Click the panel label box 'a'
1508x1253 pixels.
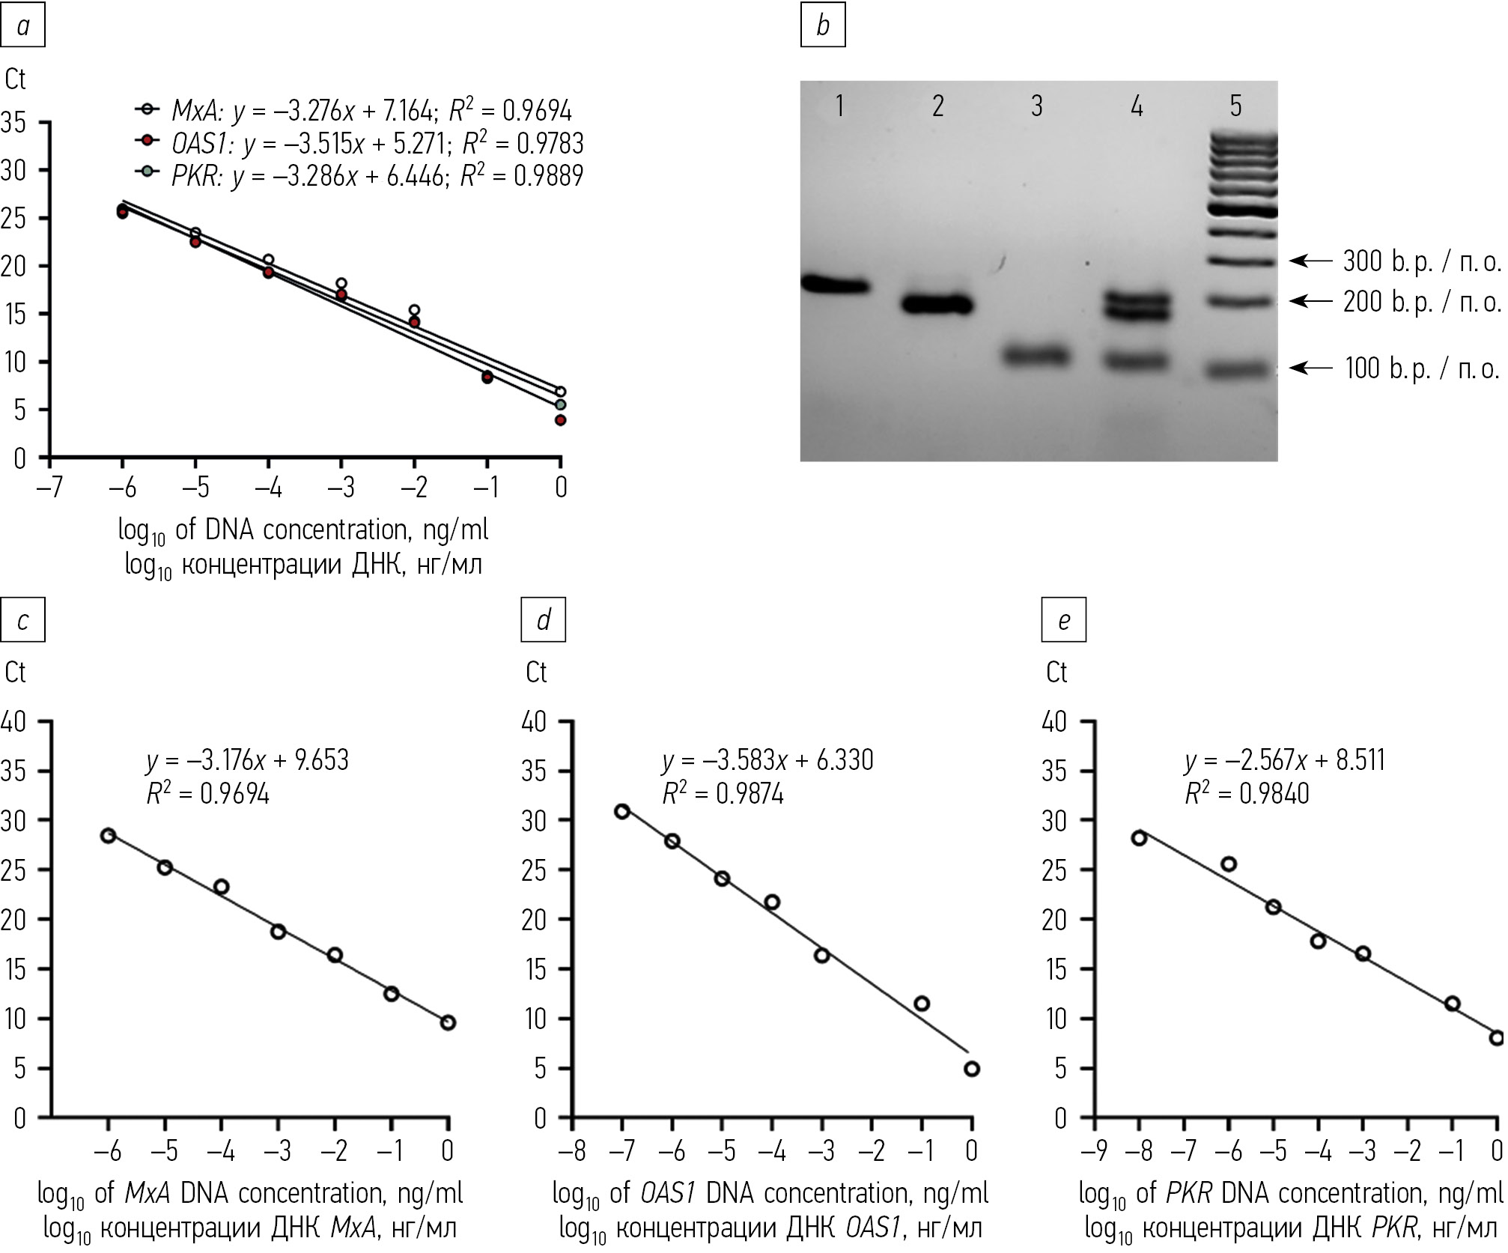tap(23, 26)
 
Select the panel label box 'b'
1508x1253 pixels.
tap(822, 26)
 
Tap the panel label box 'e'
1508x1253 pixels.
tap(1063, 620)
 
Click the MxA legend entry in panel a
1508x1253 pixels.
tap(353, 111)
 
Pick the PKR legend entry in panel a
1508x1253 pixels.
tap(359, 175)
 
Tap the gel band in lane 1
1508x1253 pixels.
tap(834, 285)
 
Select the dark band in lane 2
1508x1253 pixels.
tap(936, 305)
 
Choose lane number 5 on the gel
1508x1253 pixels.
tap(1235, 106)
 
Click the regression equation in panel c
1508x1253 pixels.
tap(247, 760)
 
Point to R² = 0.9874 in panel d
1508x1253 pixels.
tap(723, 793)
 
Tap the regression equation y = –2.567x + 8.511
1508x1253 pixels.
tap(1285, 760)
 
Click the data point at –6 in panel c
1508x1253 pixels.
tap(108, 835)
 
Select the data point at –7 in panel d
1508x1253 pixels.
tap(621, 811)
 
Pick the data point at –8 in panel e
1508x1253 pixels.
tap(1139, 837)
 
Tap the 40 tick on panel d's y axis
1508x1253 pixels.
tap(535, 722)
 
